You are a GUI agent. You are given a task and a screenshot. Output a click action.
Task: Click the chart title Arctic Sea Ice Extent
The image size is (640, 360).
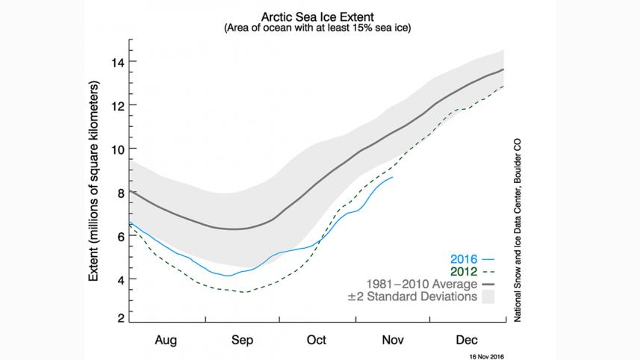(x=317, y=15)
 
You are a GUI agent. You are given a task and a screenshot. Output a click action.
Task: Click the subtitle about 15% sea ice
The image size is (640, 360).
(x=317, y=28)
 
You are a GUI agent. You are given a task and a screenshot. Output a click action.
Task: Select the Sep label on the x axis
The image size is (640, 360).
(x=243, y=339)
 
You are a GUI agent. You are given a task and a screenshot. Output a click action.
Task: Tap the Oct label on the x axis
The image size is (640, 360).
(x=317, y=339)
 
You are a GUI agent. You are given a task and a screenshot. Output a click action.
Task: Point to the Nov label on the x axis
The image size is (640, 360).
(x=392, y=339)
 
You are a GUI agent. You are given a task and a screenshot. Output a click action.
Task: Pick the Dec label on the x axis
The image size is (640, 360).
(x=467, y=339)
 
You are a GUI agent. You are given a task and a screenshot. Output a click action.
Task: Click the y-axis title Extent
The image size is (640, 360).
(x=94, y=182)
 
